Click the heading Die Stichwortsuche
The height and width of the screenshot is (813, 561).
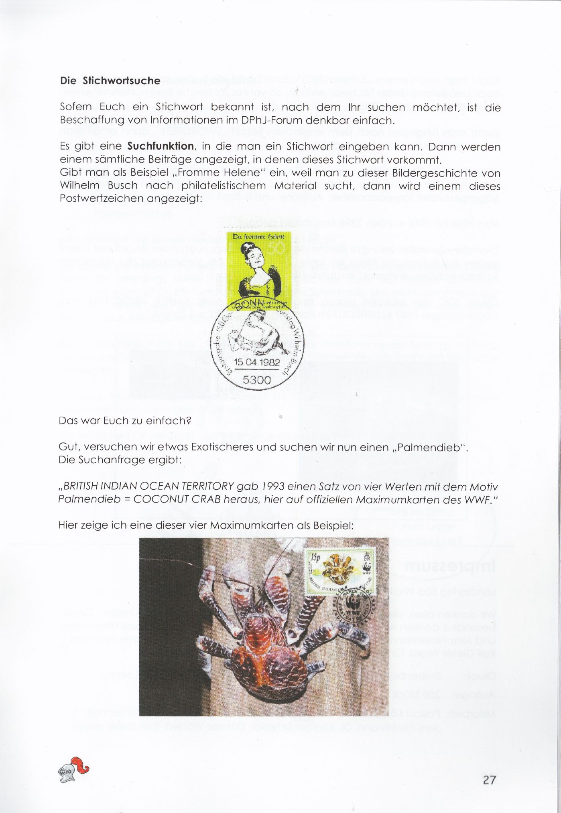(x=110, y=81)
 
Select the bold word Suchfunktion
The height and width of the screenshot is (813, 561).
(x=161, y=146)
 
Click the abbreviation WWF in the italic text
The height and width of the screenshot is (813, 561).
(x=478, y=500)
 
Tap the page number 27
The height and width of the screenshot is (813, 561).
(x=490, y=780)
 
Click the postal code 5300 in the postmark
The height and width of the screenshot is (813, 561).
(x=257, y=379)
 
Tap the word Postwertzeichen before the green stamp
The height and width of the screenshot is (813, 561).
(x=102, y=199)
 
